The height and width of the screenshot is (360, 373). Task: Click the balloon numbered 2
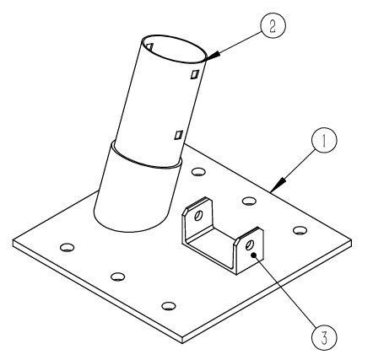coord(273,25)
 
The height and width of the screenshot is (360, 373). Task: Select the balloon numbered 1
coord(324,141)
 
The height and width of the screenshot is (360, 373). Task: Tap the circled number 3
coord(324,337)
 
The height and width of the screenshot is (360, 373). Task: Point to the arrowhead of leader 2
coord(212,55)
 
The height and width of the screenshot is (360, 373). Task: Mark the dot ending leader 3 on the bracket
coord(254,255)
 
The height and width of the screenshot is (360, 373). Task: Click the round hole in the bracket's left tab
coord(198,216)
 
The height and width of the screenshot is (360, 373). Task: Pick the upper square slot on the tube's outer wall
coord(195,74)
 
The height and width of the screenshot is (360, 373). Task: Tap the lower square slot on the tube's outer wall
coord(179,135)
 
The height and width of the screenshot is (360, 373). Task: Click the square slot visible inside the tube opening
coord(149,47)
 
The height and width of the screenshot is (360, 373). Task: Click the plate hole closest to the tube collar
coord(198,171)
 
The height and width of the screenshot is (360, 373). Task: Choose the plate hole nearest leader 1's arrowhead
coord(249,201)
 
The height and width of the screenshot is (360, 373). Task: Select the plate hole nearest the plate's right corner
coord(300,230)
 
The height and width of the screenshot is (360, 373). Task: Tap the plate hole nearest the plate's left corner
coord(68,247)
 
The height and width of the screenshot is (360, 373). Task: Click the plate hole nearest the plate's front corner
coord(169,306)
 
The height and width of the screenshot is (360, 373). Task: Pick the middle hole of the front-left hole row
coord(118,277)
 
